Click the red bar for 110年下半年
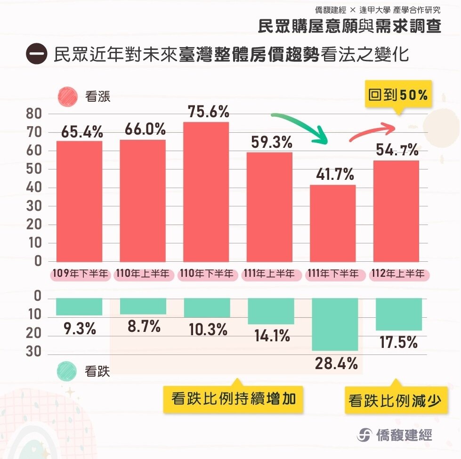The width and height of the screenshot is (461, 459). (206, 192)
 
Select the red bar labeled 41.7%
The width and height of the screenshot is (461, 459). (333, 223)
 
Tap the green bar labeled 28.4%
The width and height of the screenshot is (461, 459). (334, 324)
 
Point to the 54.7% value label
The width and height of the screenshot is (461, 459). (396, 151)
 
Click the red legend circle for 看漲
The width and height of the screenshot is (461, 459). (67, 97)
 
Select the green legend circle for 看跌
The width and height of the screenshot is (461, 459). (67, 371)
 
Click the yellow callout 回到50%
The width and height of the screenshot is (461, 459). (398, 95)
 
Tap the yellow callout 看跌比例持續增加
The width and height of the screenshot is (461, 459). (233, 399)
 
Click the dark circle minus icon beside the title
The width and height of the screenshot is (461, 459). (36, 54)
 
